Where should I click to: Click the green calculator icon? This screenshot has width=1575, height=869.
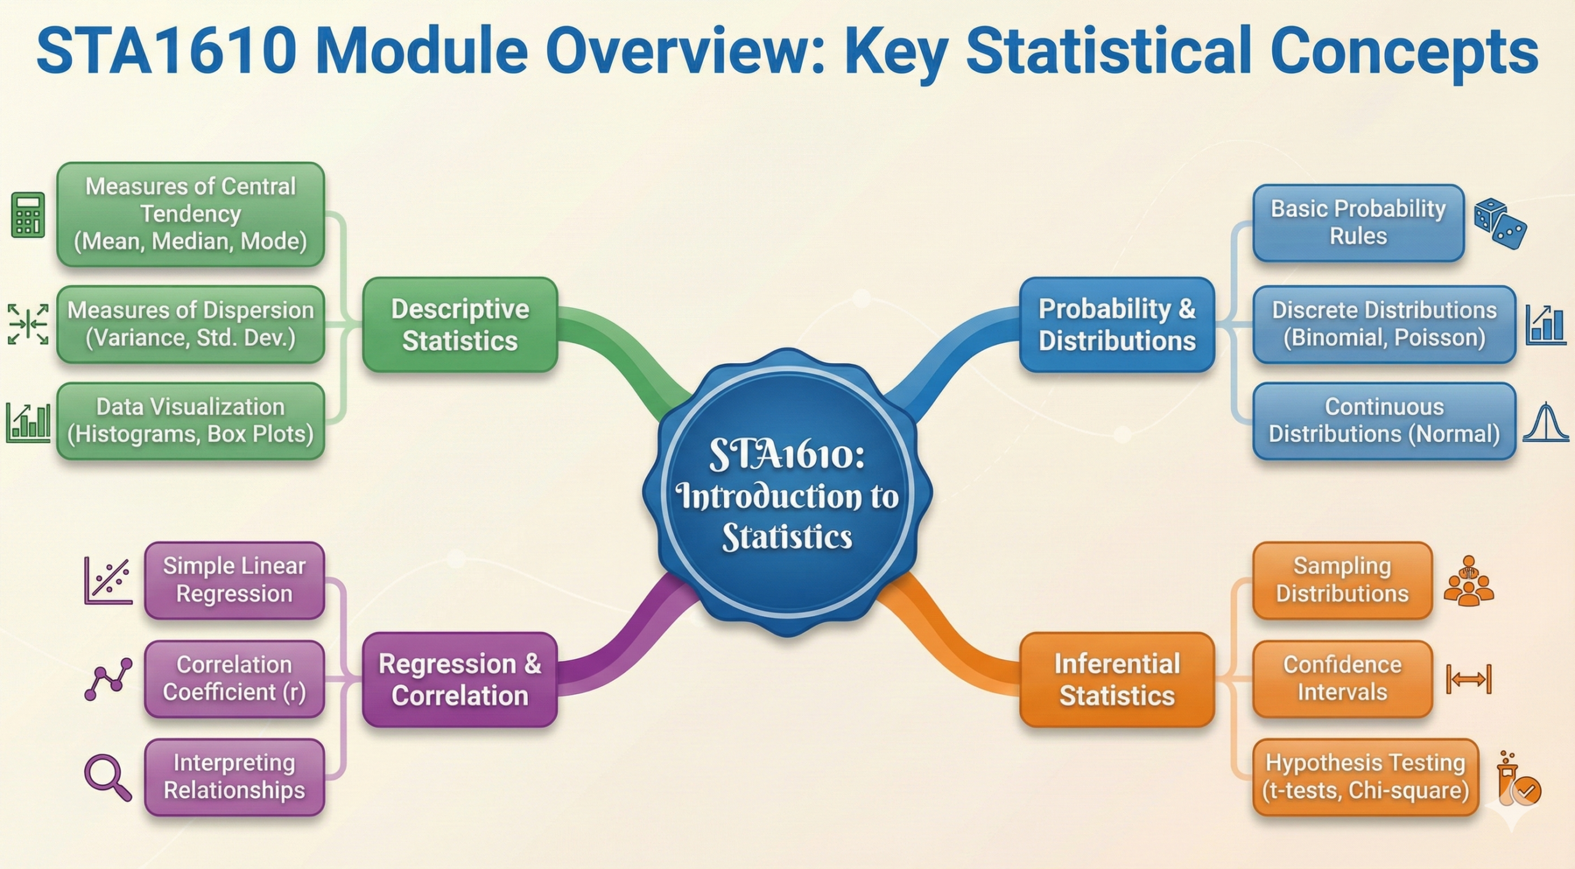(x=28, y=215)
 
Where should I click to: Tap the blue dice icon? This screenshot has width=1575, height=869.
(x=1500, y=223)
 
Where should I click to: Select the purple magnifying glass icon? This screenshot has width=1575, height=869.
(x=108, y=777)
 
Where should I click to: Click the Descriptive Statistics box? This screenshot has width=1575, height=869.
(x=460, y=324)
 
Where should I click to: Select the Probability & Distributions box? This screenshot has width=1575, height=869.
(x=1117, y=324)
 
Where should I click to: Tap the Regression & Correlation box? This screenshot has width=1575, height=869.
(x=460, y=679)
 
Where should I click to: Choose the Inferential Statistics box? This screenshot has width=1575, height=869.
(x=1117, y=679)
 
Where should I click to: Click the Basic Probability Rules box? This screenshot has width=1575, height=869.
(x=1358, y=223)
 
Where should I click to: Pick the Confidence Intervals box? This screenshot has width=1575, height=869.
(x=1342, y=679)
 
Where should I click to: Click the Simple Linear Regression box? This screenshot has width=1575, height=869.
(x=234, y=580)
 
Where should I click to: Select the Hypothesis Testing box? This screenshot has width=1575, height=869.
(x=1365, y=777)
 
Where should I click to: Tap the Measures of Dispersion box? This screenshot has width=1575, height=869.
(x=191, y=324)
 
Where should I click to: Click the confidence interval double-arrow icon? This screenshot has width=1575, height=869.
(x=1469, y=679)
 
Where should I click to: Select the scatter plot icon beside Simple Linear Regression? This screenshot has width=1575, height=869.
(x=108, y=580)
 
